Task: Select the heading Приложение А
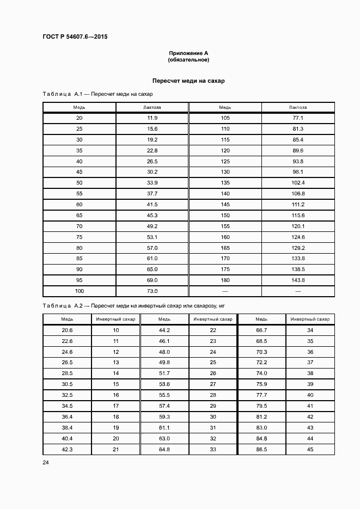click(188, 53)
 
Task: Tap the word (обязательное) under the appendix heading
click(188, 59)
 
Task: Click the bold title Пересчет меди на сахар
click(188, 81)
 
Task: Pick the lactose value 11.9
click(152, 118)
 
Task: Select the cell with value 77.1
click(298, 118)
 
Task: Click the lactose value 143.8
click(298, 280)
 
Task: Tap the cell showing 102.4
click(298, 182)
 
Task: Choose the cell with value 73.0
click(152, 291)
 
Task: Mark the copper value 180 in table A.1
click(225, 280)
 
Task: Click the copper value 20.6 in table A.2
click(67, 330)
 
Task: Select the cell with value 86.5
click(261, 449)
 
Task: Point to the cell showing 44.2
click(164, 330)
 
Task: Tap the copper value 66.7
click(261, 330)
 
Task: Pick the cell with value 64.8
click(164, 449)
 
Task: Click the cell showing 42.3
click(67, 449)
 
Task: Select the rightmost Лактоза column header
click(298, 107)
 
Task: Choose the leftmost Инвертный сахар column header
click(115, 319)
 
